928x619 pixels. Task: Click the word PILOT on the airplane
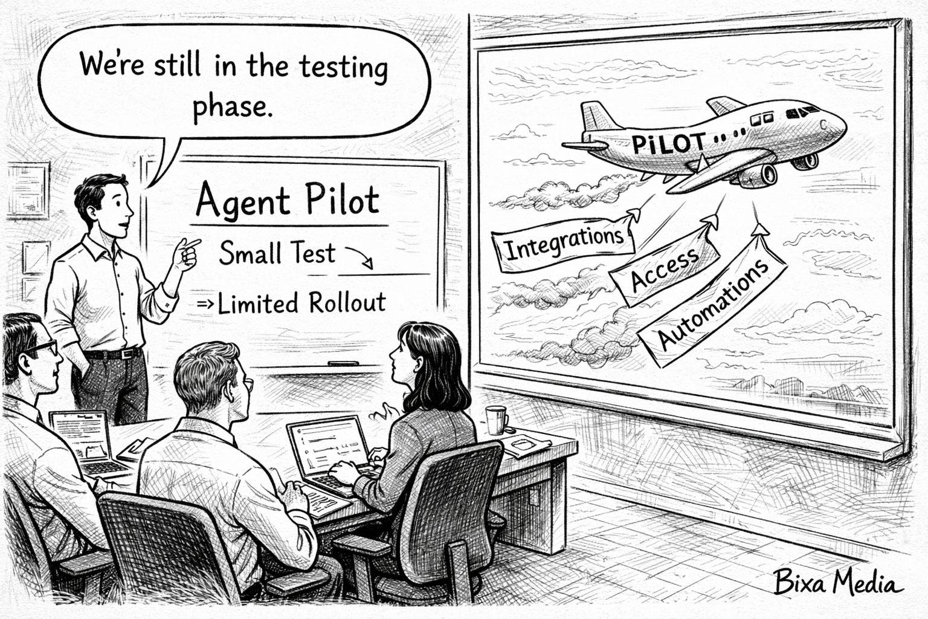(x=668, y=143)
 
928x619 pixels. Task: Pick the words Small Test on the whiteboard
(x=277, y=253)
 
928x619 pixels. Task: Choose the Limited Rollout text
(x=301, y=303)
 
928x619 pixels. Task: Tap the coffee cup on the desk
(x=495, y=419)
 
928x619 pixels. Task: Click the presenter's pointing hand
(x=187, y=253)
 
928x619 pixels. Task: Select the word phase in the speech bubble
(x=229, y=106)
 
